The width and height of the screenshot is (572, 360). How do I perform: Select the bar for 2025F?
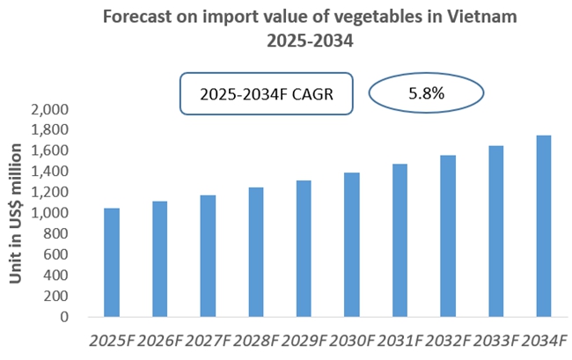pos(112,263)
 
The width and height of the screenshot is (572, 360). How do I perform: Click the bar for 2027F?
pos(208,256)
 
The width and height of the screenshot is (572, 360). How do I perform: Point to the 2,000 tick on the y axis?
pos(49,110)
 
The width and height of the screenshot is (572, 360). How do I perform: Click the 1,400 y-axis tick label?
pos(49,172)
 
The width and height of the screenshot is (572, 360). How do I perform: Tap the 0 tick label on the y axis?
pos(65,317)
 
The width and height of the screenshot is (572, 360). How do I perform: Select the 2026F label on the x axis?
pos(159,340)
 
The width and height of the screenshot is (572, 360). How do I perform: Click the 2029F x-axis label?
pos(304,340)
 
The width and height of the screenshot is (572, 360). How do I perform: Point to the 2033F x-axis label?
pos(495,340)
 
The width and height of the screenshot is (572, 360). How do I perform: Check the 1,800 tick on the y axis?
pos(49,130)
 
